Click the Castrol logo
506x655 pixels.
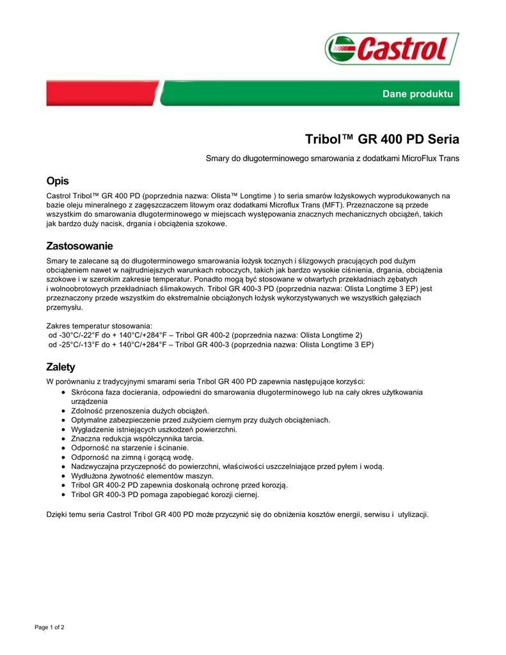391,49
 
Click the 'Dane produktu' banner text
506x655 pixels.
417,94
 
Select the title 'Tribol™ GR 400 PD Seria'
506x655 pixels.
382,139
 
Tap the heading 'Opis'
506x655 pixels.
58,181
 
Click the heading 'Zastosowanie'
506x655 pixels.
80,246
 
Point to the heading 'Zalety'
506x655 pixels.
61,367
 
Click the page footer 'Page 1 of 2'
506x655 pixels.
49,627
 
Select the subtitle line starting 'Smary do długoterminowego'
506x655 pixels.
332,158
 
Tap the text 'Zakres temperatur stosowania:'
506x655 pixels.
99,326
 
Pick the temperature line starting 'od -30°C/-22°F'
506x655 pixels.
205,335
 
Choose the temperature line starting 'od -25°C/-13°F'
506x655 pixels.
210,344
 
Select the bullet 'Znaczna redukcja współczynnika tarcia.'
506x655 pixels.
138,439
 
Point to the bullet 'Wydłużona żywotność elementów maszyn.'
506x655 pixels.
143,476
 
